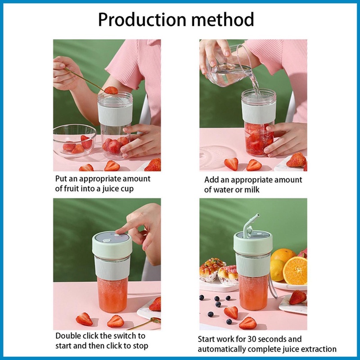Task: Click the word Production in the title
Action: tap(142, 20)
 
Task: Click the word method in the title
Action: tap(223, 19)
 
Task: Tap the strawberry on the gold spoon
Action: tap(111, 90)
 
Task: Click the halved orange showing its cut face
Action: tap(295, 271)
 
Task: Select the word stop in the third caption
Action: tap(140, 346)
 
